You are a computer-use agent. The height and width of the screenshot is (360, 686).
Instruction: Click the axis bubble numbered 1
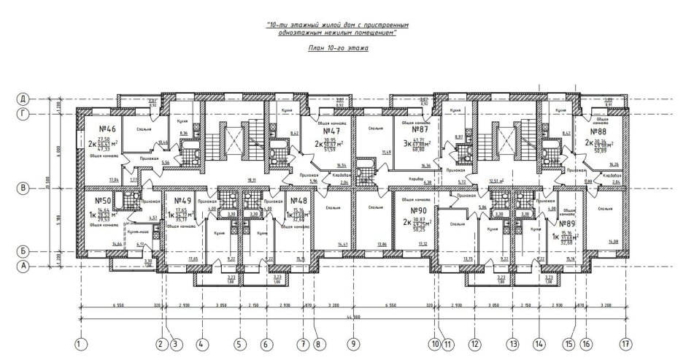pos(80,342)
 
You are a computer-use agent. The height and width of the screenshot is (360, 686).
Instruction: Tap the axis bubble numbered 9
pos(353,342)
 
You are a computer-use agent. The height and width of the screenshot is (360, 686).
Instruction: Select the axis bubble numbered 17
pos(625,342)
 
